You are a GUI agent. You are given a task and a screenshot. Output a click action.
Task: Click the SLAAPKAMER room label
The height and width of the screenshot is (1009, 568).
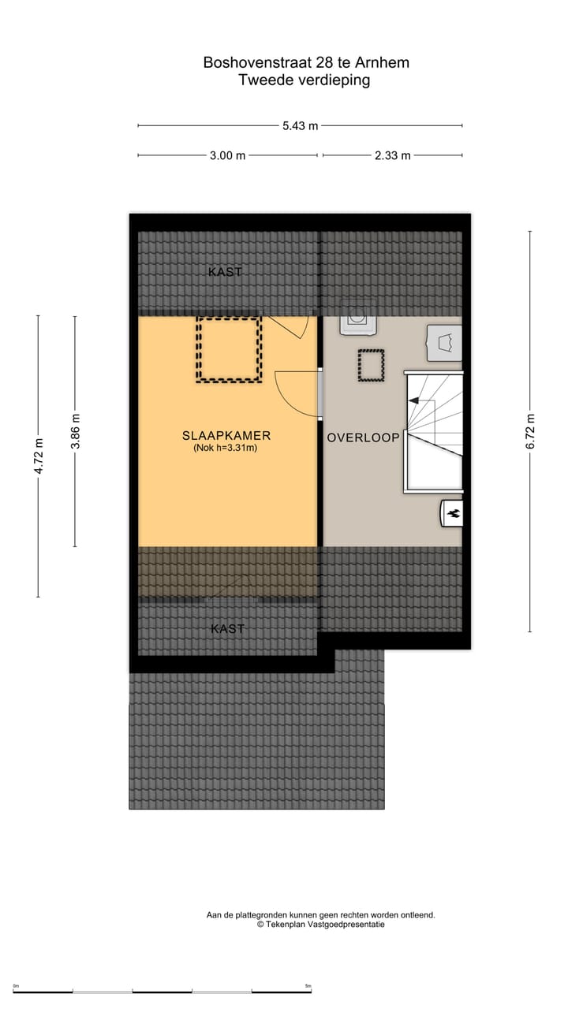[226, 435]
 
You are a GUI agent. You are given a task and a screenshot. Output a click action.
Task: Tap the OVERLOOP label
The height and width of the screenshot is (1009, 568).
[363, 437]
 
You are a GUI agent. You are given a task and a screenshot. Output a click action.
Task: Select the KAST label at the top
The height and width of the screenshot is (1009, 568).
[225, 272]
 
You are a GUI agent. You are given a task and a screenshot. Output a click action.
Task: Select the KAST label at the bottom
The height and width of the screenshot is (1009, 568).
[227, 629]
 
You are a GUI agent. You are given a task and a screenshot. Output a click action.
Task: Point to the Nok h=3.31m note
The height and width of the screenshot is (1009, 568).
[226, 448]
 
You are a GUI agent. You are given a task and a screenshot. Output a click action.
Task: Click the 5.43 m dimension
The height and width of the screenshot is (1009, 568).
[300, 125]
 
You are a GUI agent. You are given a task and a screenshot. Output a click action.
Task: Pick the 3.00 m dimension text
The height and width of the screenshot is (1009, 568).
[227, 155]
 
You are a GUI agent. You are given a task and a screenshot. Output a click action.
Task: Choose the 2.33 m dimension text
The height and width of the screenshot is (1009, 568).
[392, 155]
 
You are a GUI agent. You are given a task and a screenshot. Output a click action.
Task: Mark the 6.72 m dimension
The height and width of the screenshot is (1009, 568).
[530, 431]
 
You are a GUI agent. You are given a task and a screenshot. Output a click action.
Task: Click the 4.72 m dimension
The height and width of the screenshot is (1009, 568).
[38, 456]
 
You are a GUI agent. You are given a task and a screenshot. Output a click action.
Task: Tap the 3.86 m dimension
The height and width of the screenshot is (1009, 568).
[75, 431]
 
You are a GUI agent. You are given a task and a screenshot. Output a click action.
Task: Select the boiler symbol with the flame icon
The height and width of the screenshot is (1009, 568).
[452, 513]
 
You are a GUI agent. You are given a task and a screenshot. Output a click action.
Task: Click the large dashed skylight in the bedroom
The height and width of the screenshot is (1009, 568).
[229, 349]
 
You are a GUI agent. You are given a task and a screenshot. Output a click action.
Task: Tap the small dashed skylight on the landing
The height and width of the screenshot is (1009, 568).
[370, 366]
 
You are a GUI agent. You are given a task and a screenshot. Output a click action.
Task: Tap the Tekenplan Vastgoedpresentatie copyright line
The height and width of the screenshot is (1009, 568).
[320, 925]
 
